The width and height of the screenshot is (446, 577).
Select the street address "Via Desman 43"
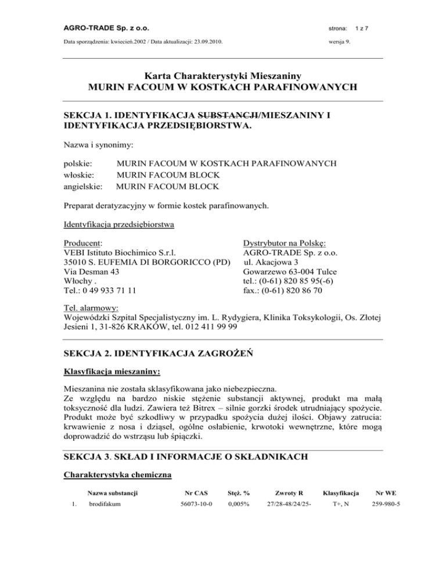91,271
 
